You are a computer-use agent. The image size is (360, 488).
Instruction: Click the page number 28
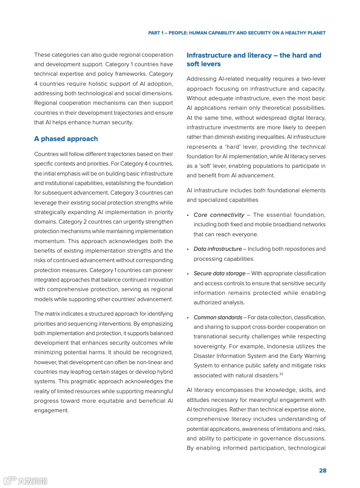(x=322, y=470)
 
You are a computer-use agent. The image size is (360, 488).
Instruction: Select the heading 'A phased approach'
(x=66, y=139)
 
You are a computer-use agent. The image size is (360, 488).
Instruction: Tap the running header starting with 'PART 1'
(x=237, y=33)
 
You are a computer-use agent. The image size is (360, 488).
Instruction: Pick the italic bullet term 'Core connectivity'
(x=219, y=215)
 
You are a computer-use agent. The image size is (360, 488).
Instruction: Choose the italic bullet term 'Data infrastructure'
(x=217, y=249)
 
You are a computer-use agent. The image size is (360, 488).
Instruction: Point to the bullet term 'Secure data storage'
(x=219, y=273)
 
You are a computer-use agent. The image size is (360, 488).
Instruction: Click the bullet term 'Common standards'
(x=217, y=317)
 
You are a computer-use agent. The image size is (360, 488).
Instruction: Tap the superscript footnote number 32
(x=281, y=374)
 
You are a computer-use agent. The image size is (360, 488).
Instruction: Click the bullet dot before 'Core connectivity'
(x=188, y=215)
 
